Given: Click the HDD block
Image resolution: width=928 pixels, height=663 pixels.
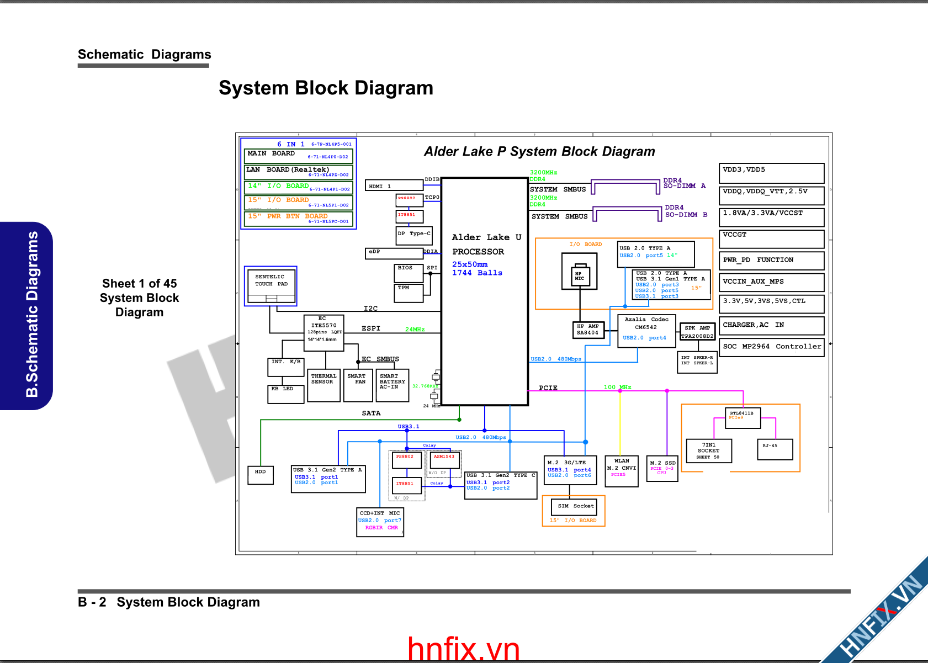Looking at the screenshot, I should (261, 475).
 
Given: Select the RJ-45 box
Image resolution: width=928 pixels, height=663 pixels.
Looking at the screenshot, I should (775, 449).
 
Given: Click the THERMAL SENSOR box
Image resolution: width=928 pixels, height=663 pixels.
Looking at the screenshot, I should (324, 385).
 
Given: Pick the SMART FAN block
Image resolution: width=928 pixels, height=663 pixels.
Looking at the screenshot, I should (358, 385).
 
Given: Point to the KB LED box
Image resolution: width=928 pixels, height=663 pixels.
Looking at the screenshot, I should (285, 394).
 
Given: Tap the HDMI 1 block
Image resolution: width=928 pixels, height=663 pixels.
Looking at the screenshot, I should (394, 186).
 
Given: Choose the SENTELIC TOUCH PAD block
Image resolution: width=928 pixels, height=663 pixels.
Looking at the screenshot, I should (271, 285).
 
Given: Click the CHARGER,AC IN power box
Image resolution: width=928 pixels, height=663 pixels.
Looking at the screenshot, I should (771, 325).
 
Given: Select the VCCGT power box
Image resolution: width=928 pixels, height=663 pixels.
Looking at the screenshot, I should (771, 238).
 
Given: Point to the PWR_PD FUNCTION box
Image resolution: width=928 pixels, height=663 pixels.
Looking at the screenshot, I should (771, 260).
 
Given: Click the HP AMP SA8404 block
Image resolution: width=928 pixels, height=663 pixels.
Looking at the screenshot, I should (587, 330).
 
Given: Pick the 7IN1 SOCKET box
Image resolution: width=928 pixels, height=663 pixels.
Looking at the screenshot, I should (709, 450).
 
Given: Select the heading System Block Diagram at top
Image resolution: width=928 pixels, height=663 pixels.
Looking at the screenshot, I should (326, 88).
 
